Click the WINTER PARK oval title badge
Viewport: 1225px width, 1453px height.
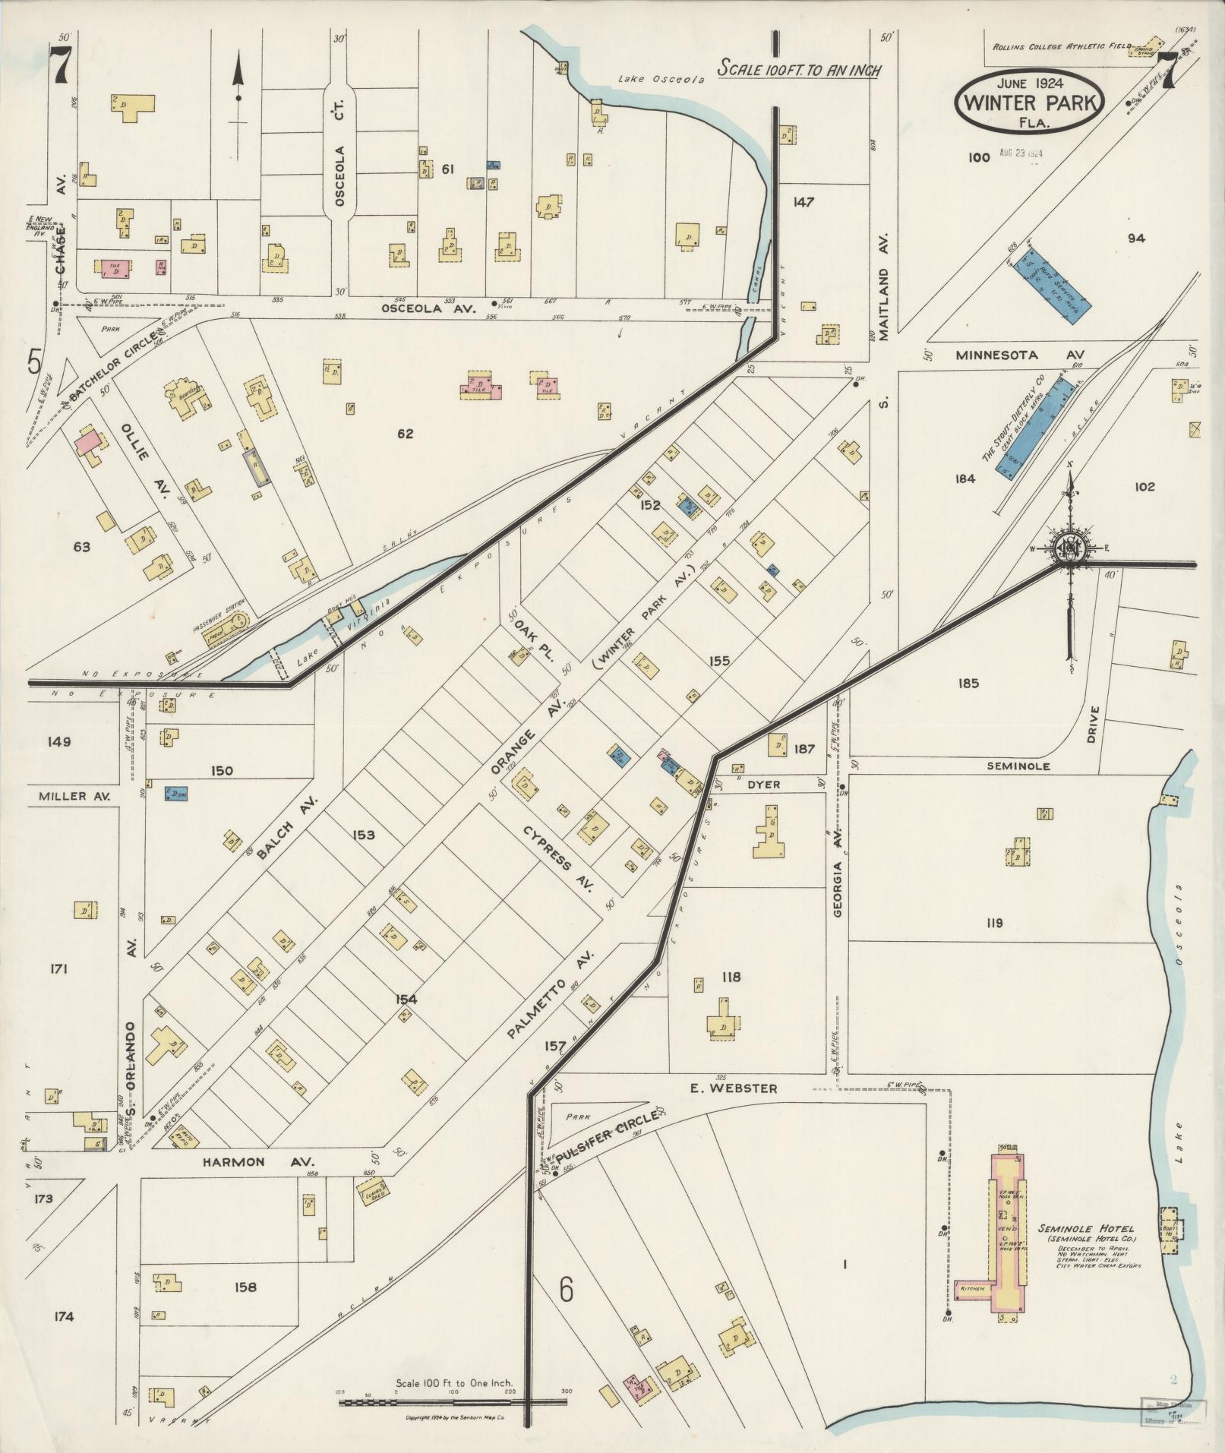click(1029, 103)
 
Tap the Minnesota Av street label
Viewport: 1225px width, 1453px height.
click(1020, 355)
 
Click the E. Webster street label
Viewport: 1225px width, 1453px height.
click(733, 1088)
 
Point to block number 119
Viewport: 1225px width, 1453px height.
click(994, 923)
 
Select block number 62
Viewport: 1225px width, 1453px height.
click(406, 434)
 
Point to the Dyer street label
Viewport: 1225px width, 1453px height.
click(762, 785)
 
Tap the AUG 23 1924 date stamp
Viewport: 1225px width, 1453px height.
click(1020, 153)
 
